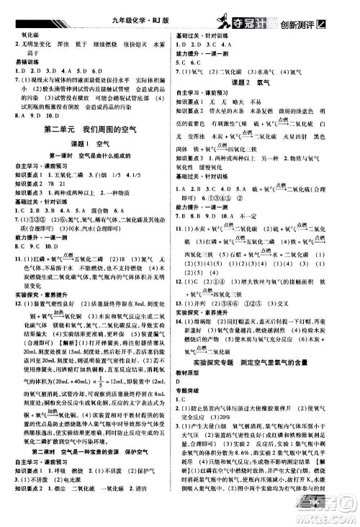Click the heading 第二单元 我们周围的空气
(x=90, y=130)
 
